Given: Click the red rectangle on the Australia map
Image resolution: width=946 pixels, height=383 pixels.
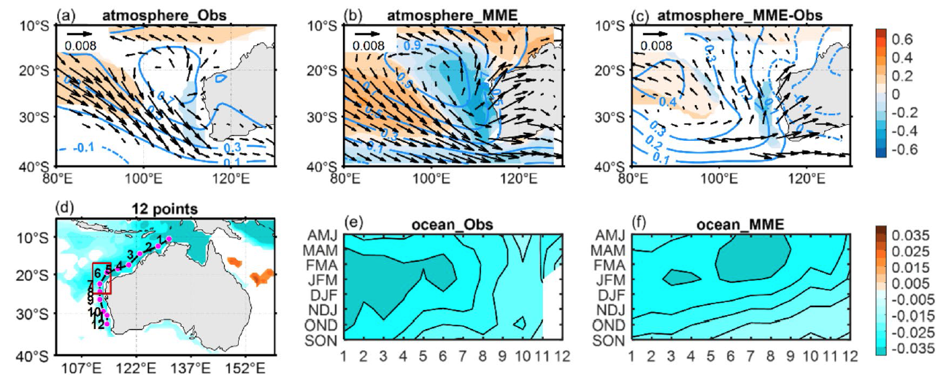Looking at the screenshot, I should (x=101, y=278).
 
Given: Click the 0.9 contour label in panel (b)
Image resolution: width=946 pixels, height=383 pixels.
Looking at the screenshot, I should (x=412, y=45).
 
